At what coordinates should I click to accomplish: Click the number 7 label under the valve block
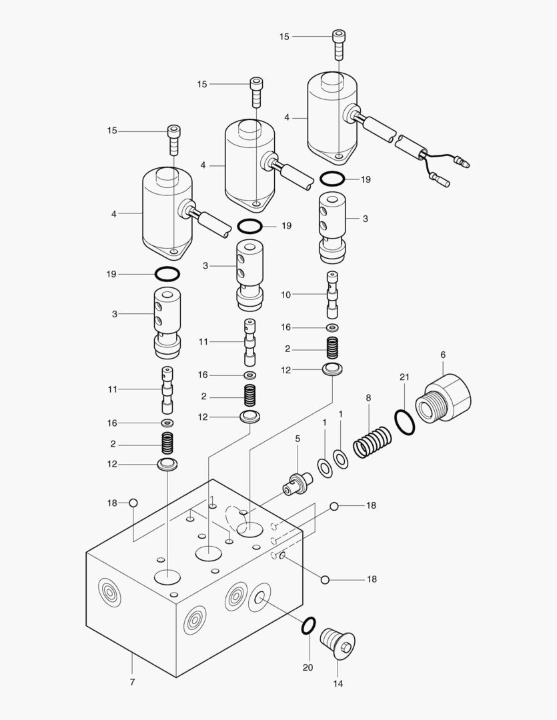click(x=132, y=682)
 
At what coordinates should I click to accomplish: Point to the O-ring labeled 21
click(x=404, y=422)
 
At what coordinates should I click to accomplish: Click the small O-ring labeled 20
click(x=308, y=625)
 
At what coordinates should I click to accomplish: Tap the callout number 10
click(x=286, y=294)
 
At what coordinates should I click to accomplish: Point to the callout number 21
click(x=404, y=377)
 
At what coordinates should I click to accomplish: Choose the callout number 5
click(x=298, y=439)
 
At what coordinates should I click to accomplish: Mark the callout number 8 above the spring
click(x=368, y=398)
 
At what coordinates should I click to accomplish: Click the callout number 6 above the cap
click(x=442, y=355)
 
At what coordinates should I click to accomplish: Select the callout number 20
click(x=308, y=667)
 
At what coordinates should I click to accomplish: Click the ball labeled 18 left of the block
click(x=133, y=503)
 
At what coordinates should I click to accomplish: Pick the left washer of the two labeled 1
click(x=325, y=468)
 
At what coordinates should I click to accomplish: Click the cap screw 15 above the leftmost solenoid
click(x=174, y=139)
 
